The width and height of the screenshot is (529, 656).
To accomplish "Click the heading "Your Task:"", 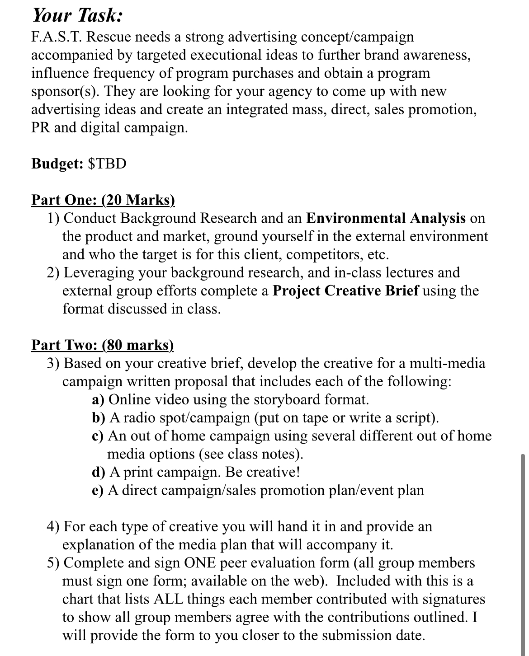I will pyautogui.click(x=76, y=16).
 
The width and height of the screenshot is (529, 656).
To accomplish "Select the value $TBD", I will pyautogui.click(x=107, y=164).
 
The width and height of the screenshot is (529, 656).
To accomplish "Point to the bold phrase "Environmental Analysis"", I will pyautogui.click(x=386, y=218).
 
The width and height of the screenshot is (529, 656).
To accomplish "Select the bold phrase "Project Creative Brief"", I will pyautogui.click(x=346, y=291).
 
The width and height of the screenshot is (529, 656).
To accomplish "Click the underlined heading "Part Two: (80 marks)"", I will pyautogui.click(x=103, y=345).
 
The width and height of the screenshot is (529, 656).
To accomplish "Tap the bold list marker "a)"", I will pyautogui.click(x=98, y=400).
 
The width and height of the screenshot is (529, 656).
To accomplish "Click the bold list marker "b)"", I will pyautogui.click(x=99, y=418).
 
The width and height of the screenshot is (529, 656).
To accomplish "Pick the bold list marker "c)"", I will pyautogui.click(x=98, y=436).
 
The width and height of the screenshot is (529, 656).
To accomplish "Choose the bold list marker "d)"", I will pyautogui.click(x=99, y=472).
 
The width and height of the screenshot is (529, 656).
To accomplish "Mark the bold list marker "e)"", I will pyautogui.click(x=98, y=490).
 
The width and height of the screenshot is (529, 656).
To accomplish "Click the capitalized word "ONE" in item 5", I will pyautogui.click(x=201, y=563).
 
